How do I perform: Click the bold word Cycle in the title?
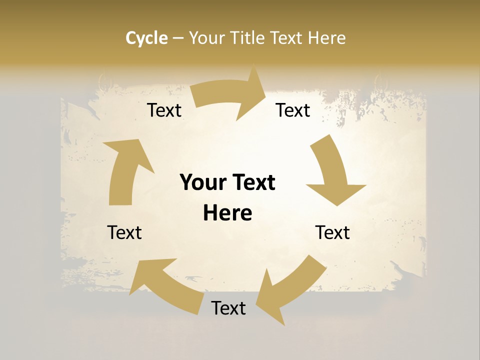click(146, 38)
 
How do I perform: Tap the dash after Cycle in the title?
click(178, 38)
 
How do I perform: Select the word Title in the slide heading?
click(247, 38)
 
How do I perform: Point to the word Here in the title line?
click(326, 38)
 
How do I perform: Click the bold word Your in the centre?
click(202, 182)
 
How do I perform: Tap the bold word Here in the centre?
click(227, 213)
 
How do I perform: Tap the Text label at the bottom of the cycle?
click(228, 308)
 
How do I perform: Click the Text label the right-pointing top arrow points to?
click(293, 110)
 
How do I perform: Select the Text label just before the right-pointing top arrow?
click(164, 110)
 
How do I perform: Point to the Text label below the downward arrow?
click(332, 232)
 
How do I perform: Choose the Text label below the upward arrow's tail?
click(124, 232)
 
